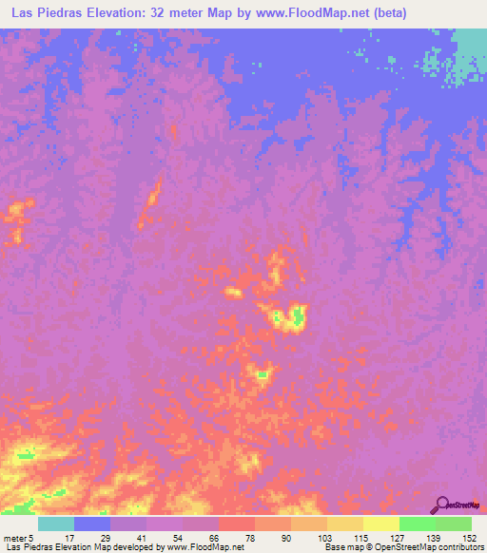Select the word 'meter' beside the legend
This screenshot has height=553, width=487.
click(16, 538)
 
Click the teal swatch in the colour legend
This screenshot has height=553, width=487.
click(56, 524)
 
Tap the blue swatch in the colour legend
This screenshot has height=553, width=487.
click(92, 524)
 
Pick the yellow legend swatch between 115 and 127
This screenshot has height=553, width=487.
click(381, 524)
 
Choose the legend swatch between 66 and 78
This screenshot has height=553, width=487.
click(237, 524)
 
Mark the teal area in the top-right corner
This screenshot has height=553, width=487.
click(468, 52)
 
